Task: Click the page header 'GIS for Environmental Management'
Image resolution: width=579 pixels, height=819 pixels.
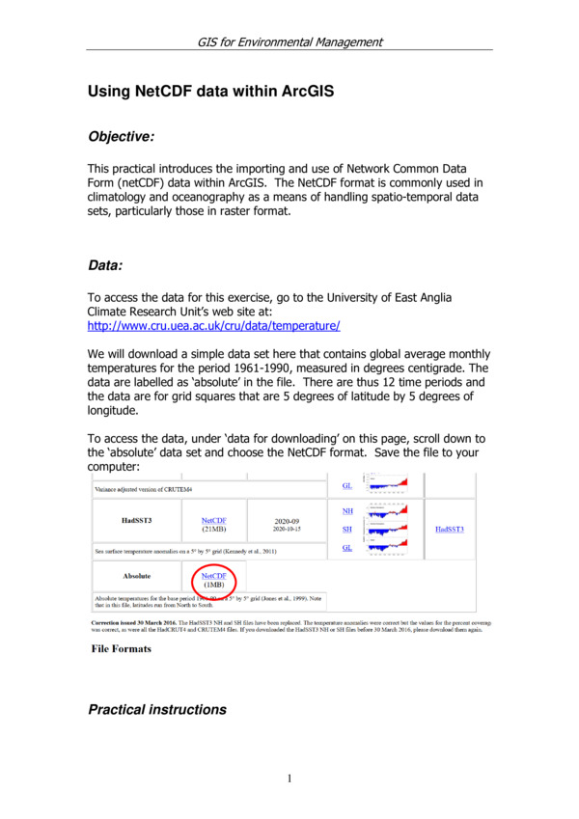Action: (289, 41)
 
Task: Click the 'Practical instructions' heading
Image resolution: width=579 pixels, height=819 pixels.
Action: (157, 710)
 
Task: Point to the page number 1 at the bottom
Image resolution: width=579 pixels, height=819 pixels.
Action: (289, 778)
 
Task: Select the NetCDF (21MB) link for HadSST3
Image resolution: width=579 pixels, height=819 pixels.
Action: (214, 519)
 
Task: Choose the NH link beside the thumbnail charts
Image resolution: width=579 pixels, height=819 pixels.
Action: (347, 510)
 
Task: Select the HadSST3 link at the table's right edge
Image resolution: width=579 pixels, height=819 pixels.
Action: (450, 529)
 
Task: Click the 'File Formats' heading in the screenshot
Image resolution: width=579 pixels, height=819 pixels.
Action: (121, 648)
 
